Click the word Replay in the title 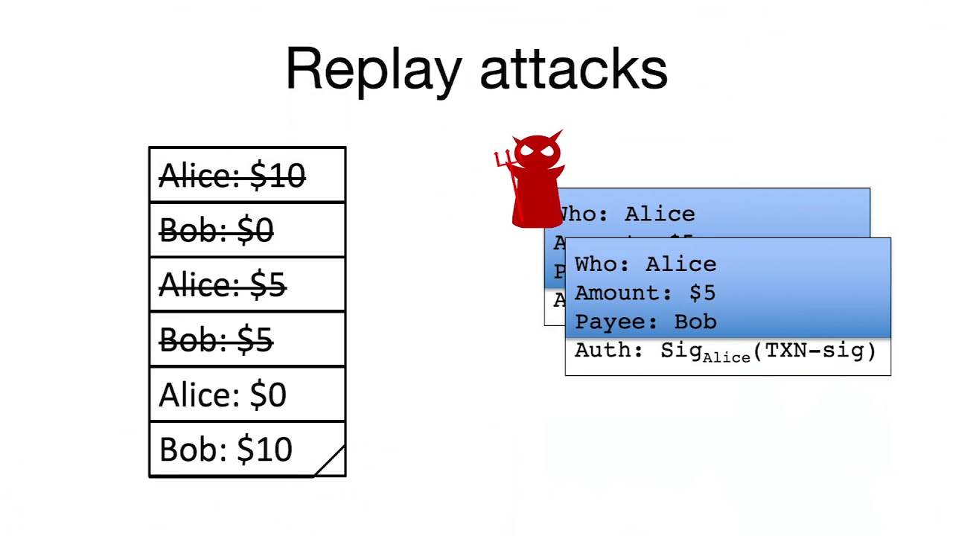[x=373, y=69]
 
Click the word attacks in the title [x=573, y=69]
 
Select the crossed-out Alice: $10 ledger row [x=247, y=176]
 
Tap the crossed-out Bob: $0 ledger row [x=247, y=230]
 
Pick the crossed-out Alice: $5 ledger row [x=247, y=284]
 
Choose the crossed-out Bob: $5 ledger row [x=247, y=339]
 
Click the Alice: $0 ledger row [x=247, y=395]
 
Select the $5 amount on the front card [x=702, y=293]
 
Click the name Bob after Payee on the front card [x=695, y=322]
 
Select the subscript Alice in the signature [x=726, y=357]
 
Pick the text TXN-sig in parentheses [x=815, y=350]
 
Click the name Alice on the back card [x=659, y=214]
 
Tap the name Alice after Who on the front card [x=681, y=264]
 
